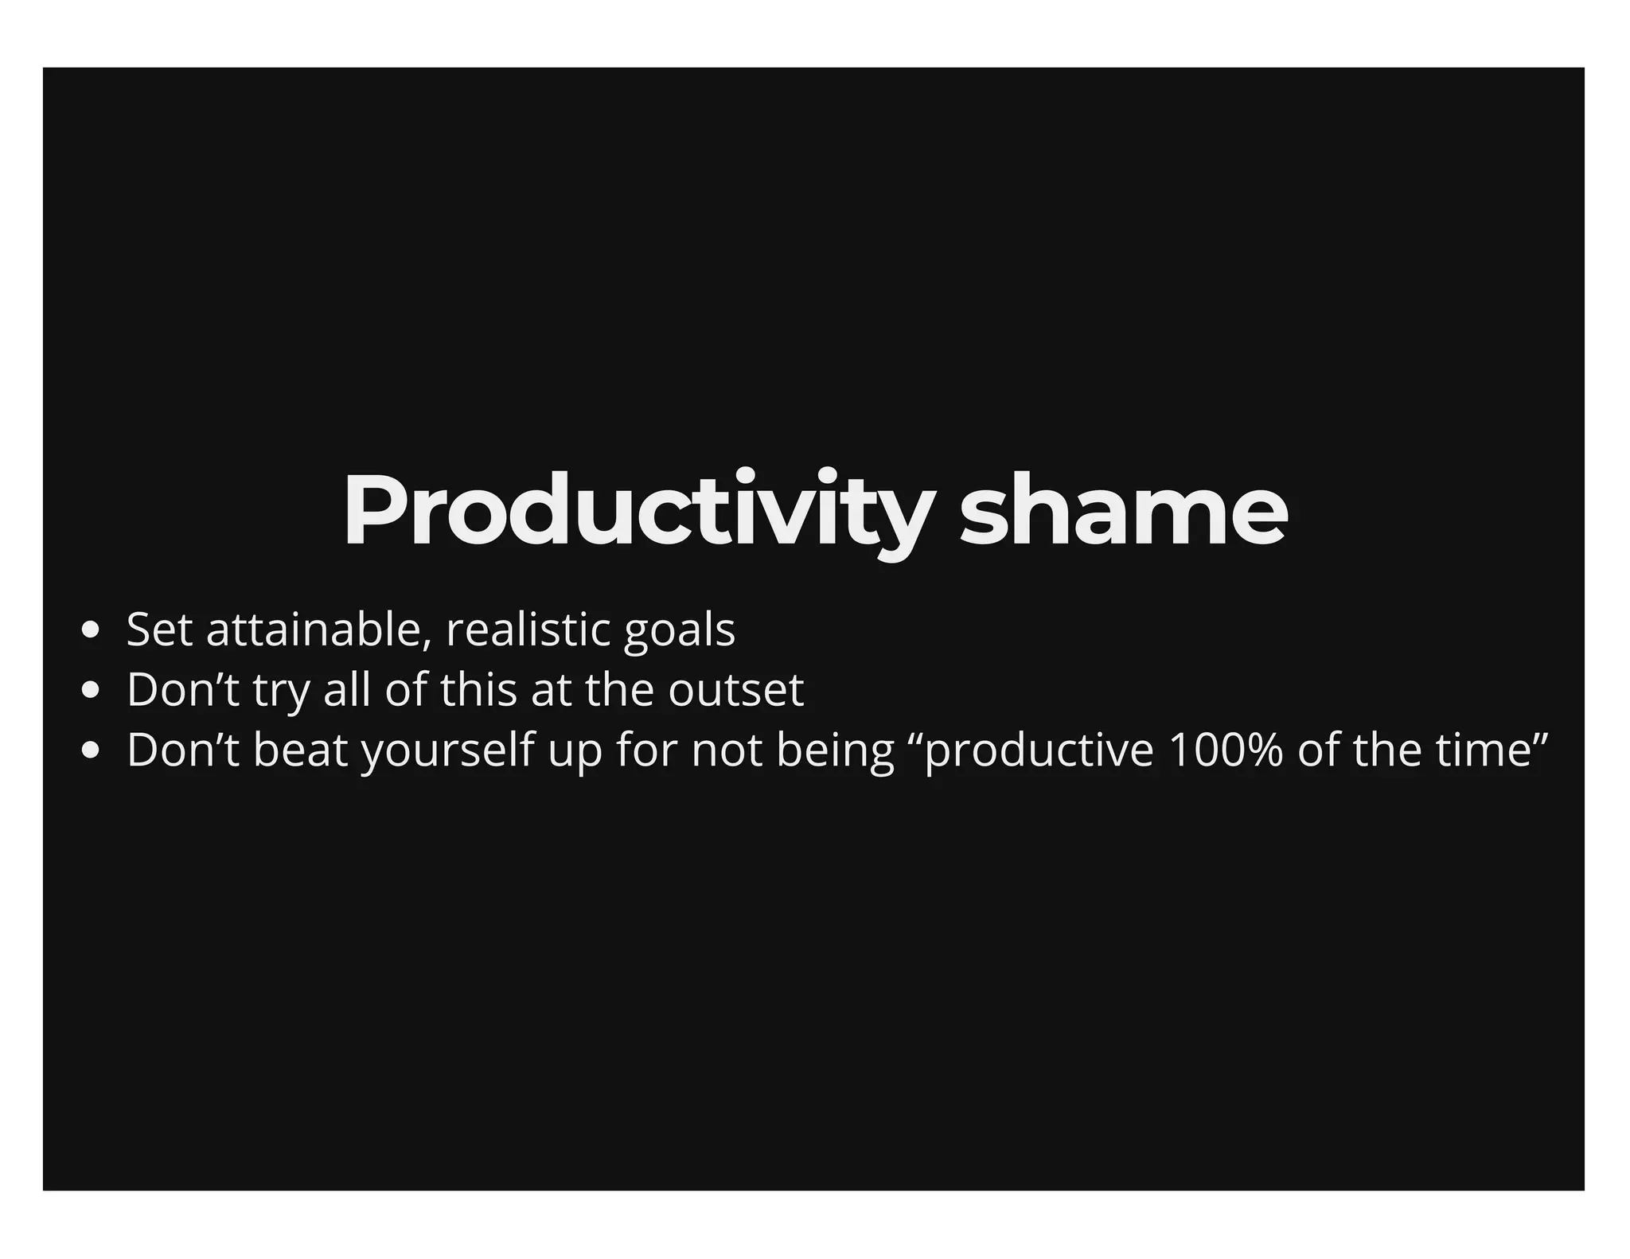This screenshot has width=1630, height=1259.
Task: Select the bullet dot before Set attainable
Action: point(90,631)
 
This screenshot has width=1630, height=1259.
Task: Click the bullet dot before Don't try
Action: point(90,691)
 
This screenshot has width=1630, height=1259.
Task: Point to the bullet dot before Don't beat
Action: point(90,750)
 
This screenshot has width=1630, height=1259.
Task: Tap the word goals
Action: point(679,631)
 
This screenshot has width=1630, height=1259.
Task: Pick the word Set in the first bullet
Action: point(159,629)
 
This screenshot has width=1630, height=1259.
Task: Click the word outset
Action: point(735,690)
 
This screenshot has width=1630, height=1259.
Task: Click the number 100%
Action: point(1225,750)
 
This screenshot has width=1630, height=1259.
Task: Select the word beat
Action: point(300,750)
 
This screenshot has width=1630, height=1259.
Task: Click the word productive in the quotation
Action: point(1039,751)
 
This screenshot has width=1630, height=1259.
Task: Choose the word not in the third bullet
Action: point(726,750)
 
